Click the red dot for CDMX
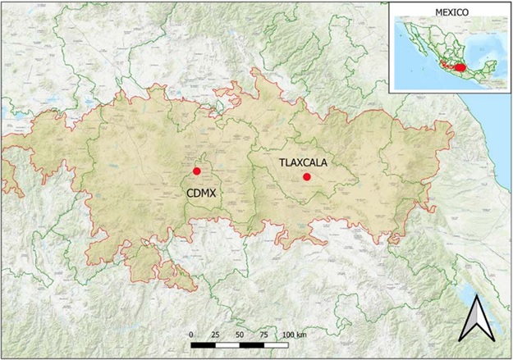click(196, 171)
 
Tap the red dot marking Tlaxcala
click(306, 176)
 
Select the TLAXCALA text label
click(303, 162)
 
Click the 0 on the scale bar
click(190, 335)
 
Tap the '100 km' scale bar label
click(295, 335)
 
